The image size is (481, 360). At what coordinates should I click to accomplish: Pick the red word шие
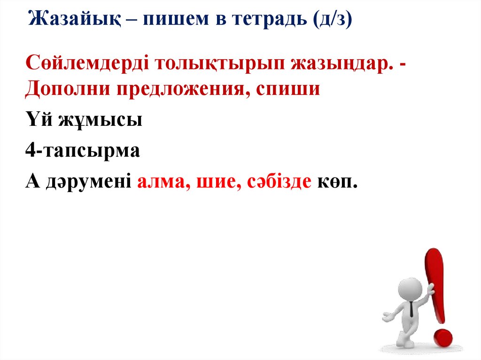[x=215, y=182]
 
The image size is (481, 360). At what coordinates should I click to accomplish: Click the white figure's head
[x=410, y=288]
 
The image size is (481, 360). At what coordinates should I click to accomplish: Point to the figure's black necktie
[x=411, y=309]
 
